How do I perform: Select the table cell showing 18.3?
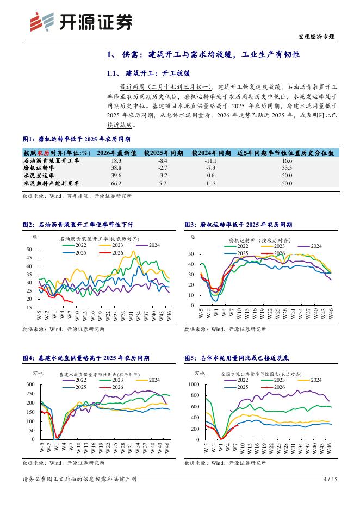point(116,160)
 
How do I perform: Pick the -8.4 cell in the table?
point(163,160)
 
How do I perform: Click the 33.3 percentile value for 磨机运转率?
point(287,168)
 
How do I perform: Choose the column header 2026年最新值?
point(116,153)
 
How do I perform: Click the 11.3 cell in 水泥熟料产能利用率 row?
point(210,183)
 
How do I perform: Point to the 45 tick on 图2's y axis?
point(29,258)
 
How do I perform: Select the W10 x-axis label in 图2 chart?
point(77,315)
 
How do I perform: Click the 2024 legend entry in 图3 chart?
point(309,246)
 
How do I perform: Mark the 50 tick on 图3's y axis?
point(191,254)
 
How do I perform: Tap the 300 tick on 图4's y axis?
point(30,384)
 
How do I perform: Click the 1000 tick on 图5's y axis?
point(194,384)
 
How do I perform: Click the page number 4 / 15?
point(331,479)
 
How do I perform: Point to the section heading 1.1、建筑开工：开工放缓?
point(148,73)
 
